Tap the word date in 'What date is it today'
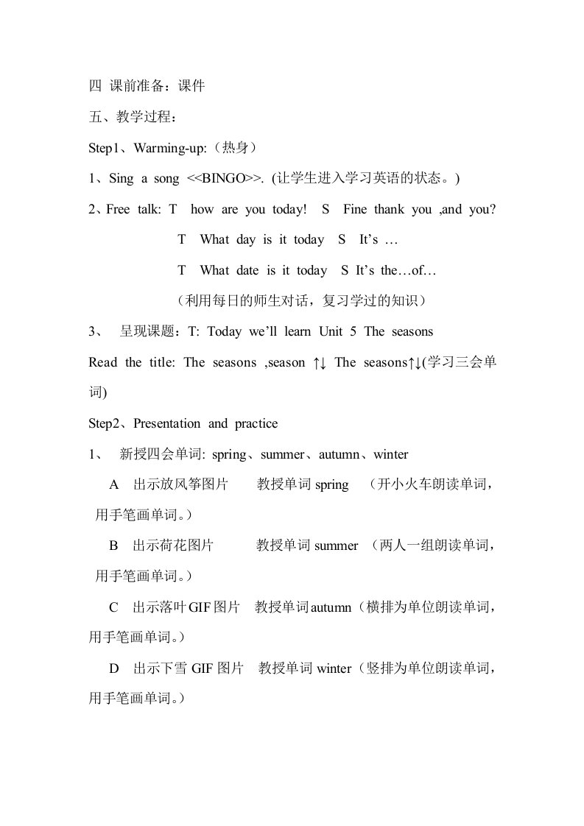coord(247,270)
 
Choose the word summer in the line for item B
coord(336,546)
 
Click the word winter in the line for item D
coord(334,668)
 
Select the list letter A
coord(113,485)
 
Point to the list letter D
coord(113,668)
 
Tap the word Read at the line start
coord(102,362)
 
